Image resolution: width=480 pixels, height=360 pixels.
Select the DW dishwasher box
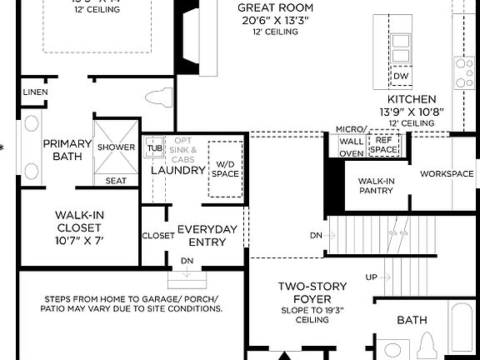pyautogui.click(x=401, y=76)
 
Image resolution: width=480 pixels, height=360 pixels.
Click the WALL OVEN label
pyautogui.click(x=351, y=147)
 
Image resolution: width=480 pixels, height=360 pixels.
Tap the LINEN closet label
pyautogui.click(x=35, y=92)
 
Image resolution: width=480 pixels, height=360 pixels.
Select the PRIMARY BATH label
pyautogui.click(x=61, y=149)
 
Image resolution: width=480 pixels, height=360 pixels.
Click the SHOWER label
pyautogui.click(x=116, y=147)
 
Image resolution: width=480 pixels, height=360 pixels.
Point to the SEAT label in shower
pyautogui.click(x=116, y=180)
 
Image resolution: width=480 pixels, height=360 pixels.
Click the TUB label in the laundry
pyautogui.click(x=154, y=148)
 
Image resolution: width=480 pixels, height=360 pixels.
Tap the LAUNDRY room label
pyautogui.click(x=177, y=170)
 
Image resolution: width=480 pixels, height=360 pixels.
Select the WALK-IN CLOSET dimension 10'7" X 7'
pyautogui.click(x=79, y=240)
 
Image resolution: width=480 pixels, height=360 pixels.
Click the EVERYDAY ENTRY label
pyautogui.click(x=207, y=235)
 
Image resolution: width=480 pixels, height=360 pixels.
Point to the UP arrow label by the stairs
pyautogui.click(x=372, y=277)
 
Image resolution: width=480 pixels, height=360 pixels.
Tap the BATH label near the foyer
pyautogui.click(x=412, y=318)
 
